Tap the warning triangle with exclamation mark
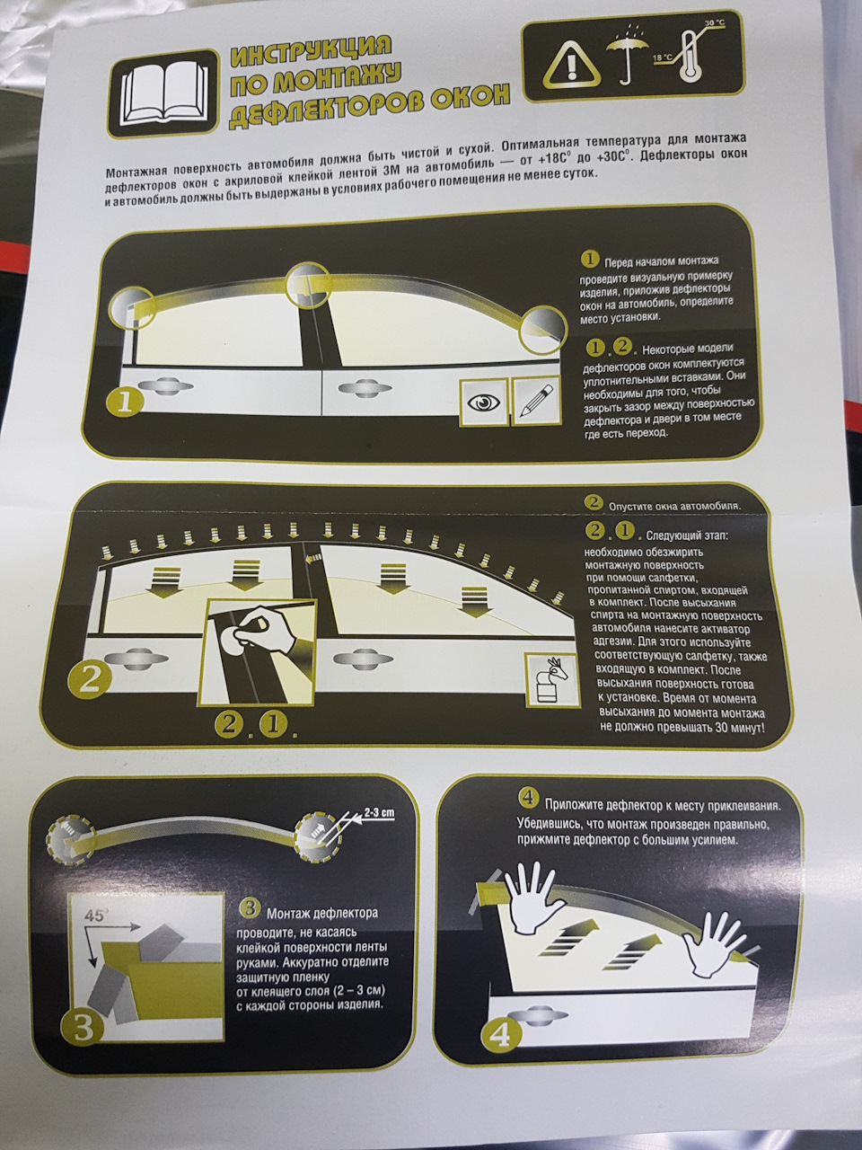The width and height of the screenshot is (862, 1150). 570,66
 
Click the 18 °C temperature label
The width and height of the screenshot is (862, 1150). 662,57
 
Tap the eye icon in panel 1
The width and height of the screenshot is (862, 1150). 485,402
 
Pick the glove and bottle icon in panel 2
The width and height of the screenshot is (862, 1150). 552,682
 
